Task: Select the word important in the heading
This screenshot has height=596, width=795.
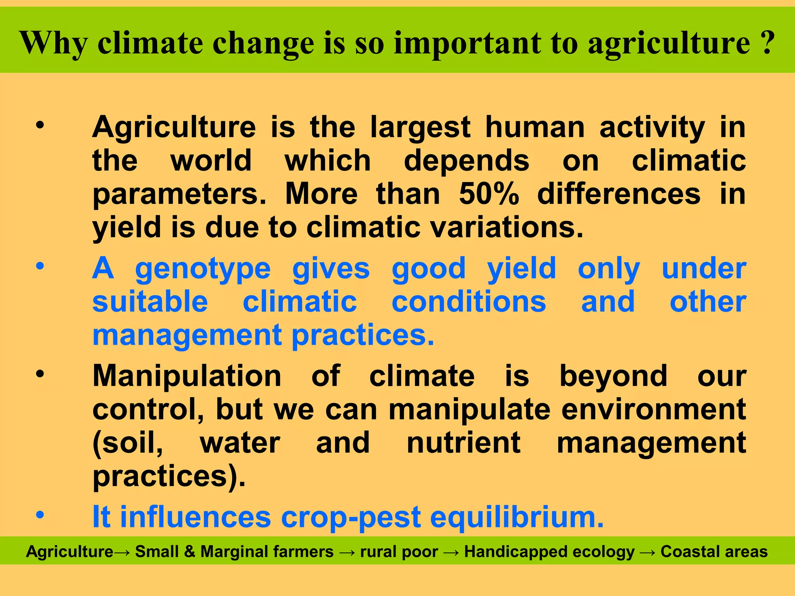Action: pyautogui.click(x=467, y=43)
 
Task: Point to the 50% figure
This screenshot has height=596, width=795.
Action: pyautogui.click(x=489, y=194)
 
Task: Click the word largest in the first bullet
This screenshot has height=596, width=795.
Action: pyautogui.click(x=420, y=128)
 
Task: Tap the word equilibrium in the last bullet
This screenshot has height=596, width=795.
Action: pyautogui.click(x=517, y=517)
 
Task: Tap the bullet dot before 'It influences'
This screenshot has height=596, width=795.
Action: pyautogui.click(x=40, y=515)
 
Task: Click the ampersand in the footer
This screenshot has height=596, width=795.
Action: pyautogui.click(x=189, y=551)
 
